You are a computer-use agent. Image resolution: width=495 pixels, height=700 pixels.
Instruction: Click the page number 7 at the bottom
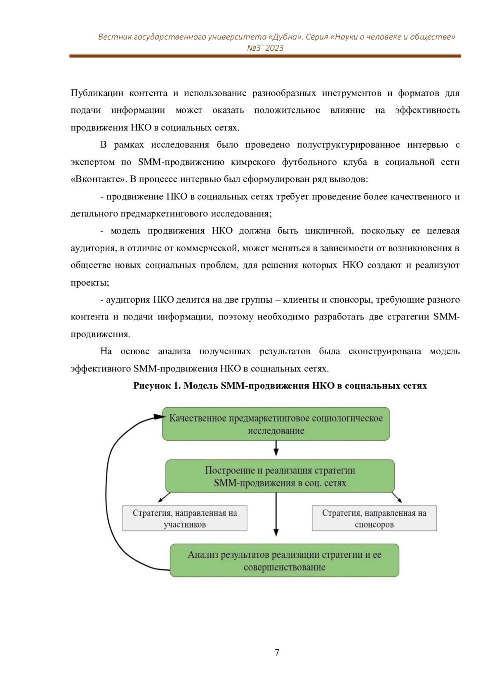277,652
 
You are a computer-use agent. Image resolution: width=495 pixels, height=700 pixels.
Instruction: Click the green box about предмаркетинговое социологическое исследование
276,424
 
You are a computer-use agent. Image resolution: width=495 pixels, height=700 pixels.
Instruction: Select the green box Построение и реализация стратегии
280,476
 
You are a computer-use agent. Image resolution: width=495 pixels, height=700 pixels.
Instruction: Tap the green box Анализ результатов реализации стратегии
284,560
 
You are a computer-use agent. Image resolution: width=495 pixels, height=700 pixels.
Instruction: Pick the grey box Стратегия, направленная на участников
185,518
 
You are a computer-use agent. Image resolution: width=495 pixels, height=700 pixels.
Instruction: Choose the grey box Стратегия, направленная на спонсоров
374,518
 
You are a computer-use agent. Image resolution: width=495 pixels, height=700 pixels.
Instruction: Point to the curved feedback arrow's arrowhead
160,417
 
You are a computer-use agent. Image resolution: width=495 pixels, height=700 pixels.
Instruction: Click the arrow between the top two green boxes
276,448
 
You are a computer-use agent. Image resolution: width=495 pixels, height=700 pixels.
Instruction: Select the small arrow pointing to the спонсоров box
397,498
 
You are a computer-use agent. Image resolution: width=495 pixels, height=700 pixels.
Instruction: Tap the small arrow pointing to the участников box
164,498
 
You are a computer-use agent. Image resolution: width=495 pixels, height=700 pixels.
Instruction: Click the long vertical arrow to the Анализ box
276,514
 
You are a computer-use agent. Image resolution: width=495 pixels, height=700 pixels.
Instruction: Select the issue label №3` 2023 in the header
265,48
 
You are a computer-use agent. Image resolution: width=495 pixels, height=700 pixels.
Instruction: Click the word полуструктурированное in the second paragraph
348,145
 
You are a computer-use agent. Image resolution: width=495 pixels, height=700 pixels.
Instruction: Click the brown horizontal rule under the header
265,56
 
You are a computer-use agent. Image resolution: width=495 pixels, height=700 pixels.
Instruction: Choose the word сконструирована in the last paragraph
384,352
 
